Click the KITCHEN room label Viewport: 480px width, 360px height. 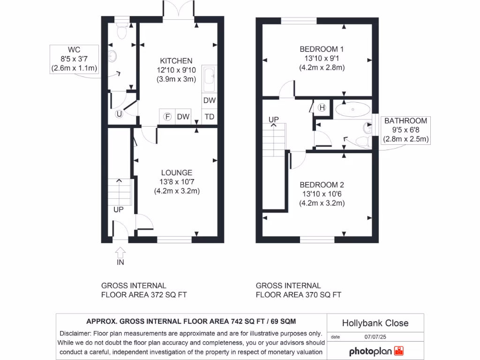click(x=176, y=61)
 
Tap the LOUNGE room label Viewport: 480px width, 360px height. click(x=177, y=172)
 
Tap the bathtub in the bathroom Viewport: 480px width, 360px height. click(x=352, y=110)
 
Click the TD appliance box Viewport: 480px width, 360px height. click(x=209, y=117)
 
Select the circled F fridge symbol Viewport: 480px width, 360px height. click(x=166, y=117)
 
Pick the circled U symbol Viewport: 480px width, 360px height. click(x=119, y=113)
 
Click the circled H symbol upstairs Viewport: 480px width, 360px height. click(x=322, y=107)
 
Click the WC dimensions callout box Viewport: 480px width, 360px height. click(x=74, y=59)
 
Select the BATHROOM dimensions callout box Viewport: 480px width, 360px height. click(x=406, y=130)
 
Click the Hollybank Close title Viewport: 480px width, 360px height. click(x=375, y=323)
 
